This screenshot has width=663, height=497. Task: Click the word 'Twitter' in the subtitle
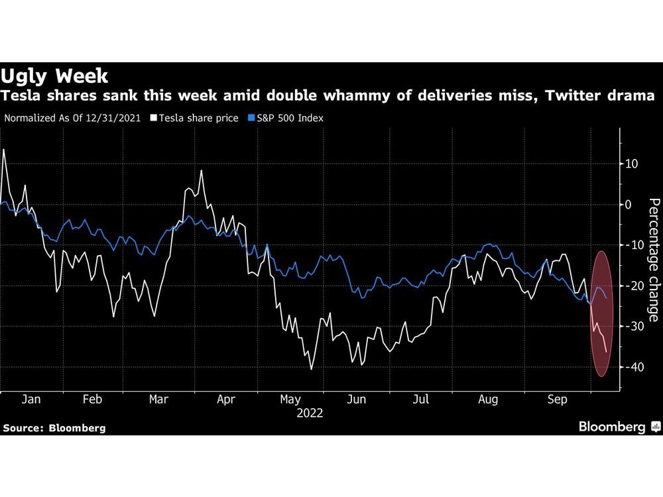pos(569,97)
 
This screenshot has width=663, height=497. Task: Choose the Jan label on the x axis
pos(31,400)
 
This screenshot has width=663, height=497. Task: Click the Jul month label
pos(422,400)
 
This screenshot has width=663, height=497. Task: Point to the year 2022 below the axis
pos(310,413)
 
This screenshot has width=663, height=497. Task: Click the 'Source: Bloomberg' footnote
pos(54,428)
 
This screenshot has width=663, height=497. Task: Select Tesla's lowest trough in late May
pos(311,369)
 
